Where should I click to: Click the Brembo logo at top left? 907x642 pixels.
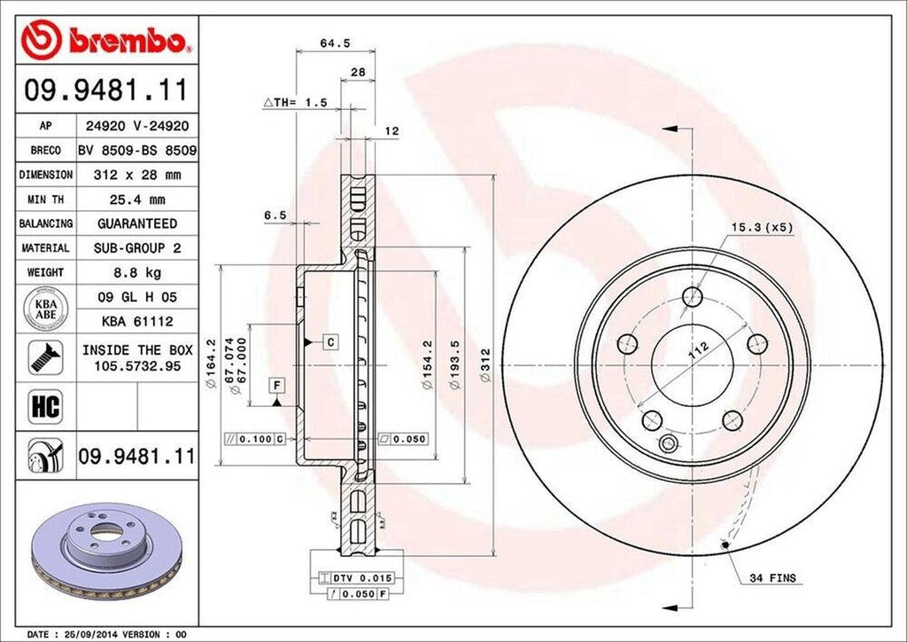tap(104, 39)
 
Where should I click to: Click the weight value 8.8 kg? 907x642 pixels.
tap(136, 272)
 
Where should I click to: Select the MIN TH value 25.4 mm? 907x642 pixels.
tap(136, 200)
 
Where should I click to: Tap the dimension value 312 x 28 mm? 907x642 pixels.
tap(136, 176)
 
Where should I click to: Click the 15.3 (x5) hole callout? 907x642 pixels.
tap(761, 227)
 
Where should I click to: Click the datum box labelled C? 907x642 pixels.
tap(329, 341)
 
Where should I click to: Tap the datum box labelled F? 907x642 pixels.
tap(277, 385)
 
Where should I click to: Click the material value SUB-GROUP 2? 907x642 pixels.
tap(136, 248)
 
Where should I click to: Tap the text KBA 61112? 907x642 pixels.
tap(136, 321)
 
